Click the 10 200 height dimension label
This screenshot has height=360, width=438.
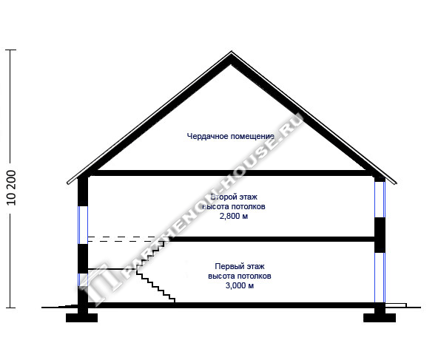tap(12, 188)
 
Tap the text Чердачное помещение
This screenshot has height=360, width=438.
tap(230, 137)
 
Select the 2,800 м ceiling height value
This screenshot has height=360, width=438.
tap(234, 217)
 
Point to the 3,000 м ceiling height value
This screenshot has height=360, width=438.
tap(240, 286)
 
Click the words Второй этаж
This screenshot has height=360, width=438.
tap(234, 197)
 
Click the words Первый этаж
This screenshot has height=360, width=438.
tap(240, 266)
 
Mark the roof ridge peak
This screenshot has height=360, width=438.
tap(232, 52)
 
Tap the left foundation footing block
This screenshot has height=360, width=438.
tap(81, 318)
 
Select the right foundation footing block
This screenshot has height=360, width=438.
tap(380, 318)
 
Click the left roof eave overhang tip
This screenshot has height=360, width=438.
tap(68, 183)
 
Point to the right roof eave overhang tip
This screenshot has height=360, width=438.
tap(396, 183)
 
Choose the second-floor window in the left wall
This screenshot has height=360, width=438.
tap(83, 225)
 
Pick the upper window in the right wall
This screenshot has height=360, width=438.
tap(380, 200)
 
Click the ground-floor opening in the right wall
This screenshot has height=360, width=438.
tap(380, 278)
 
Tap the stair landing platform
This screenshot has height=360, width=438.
tap(112, 269)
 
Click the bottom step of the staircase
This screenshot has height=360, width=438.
tap(172, 301)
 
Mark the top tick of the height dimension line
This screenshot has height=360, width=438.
tap(10, 50)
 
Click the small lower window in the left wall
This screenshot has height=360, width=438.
tap(83, 280)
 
